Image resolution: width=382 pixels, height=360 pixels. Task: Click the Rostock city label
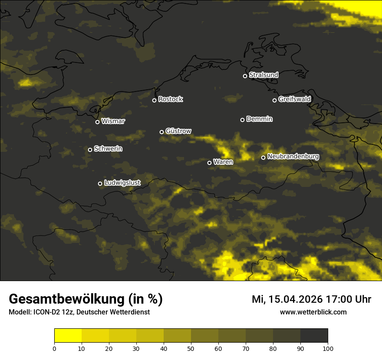point(171,99)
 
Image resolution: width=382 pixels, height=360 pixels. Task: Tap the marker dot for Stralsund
point(245,76)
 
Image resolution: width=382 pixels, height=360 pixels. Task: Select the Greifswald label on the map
point(294,99)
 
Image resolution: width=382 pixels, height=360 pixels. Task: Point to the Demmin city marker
point(242,120)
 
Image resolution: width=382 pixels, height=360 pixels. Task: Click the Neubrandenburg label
point(293,157)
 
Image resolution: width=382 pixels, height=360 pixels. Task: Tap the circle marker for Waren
point(209,163)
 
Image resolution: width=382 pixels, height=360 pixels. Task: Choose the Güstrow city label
point(178,131)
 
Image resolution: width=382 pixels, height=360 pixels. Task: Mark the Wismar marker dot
point(97,122)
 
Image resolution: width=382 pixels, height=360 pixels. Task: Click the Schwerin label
point(108,149)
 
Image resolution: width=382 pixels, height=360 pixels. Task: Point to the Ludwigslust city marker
point(100,183)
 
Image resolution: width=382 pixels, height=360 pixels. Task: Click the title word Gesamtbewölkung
point(67,299)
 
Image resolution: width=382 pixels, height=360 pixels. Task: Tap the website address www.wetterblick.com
point(313,312)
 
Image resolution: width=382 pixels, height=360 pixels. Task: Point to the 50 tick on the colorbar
point(191,348)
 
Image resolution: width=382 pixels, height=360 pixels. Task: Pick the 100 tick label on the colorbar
point(328,348)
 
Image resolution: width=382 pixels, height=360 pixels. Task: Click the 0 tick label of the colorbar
point(54,348)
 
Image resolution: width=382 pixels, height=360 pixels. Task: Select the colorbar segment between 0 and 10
point(68,336)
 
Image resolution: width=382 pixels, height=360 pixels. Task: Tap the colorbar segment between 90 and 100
point(314,336)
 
